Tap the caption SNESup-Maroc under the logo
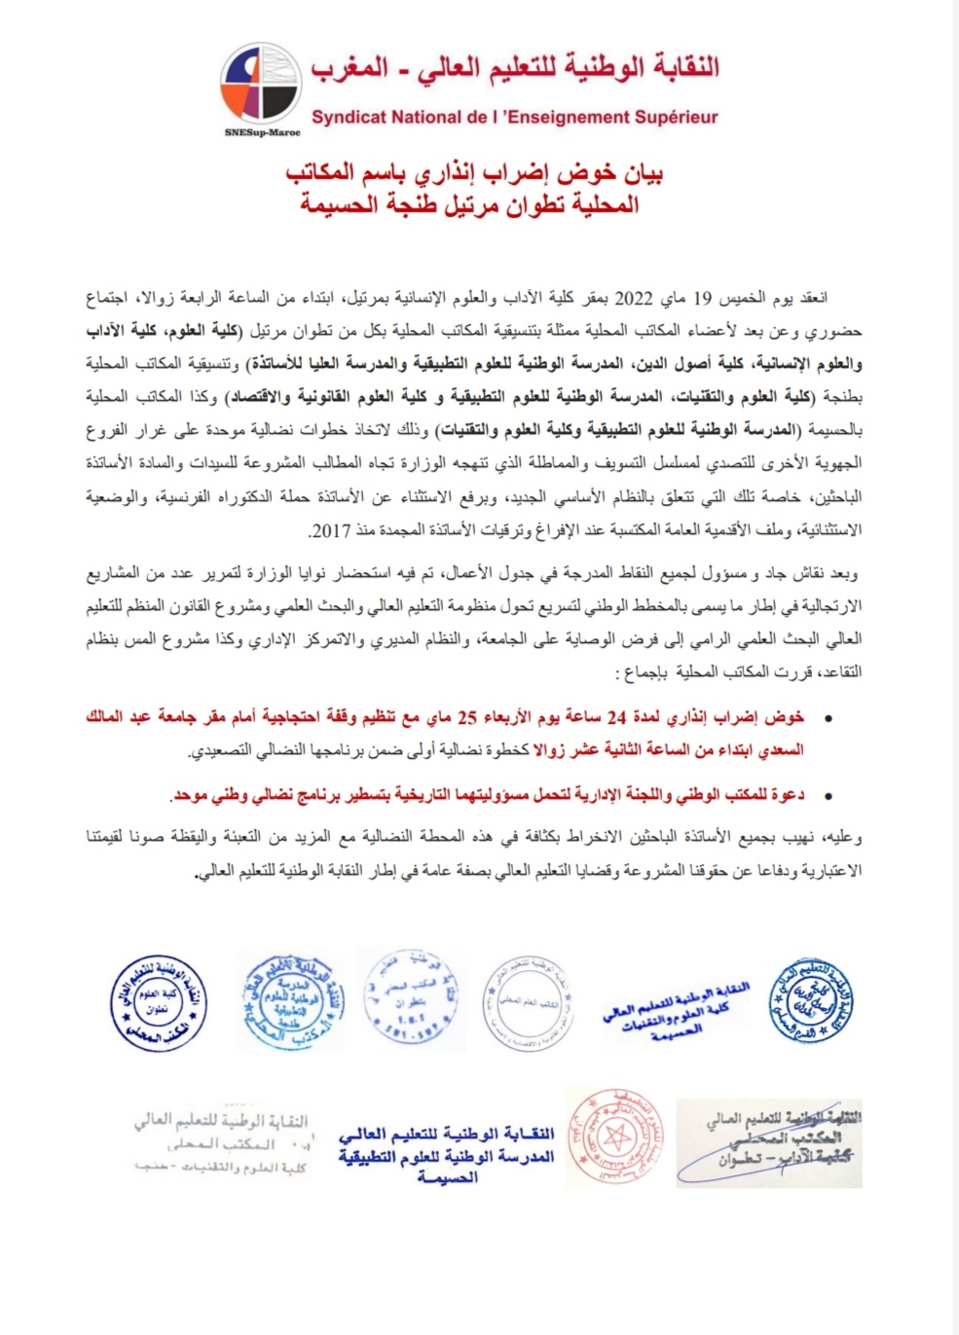(262, 132)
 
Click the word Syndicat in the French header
(349, 118)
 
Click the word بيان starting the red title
(643, 174)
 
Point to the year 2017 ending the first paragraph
(328, 530)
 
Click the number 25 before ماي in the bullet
(467, 718)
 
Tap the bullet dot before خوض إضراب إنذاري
(828, 719)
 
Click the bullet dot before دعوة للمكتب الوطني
(828, 796)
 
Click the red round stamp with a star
(614, 1136)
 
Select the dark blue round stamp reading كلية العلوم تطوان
(159, 1003)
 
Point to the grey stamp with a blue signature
(769, 1142)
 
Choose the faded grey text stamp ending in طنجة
(222, 1143)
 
